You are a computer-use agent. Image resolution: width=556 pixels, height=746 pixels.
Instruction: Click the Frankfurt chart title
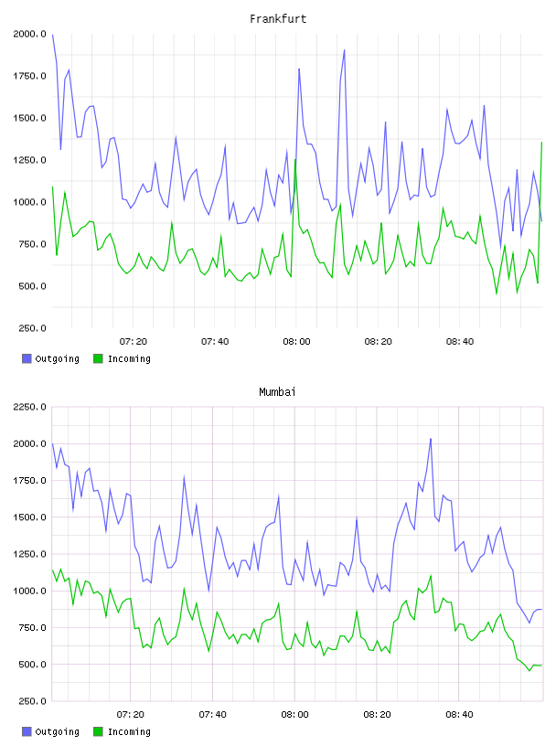coord(278,19)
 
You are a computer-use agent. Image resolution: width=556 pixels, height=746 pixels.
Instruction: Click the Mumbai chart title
coord(277,392)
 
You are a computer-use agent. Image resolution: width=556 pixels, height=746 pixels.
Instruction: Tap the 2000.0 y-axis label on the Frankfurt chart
coord(29,34)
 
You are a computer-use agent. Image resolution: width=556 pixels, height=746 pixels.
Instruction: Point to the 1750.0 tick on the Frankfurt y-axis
coord(29,76)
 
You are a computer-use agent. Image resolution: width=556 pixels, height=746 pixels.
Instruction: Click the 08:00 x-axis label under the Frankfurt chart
coord(296,342)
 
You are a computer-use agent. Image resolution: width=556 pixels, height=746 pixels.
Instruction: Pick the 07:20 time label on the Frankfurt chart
coord(134,342)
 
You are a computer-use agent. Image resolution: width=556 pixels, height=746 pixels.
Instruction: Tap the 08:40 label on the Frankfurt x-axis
coord(460,342)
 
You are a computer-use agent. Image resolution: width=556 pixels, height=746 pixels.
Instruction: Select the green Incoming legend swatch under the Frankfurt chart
coord(98,358)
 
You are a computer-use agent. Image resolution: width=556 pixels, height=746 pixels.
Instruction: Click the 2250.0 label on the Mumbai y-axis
coord(29,407)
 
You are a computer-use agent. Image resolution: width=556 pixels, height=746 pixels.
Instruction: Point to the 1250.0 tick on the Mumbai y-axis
coord(29,554)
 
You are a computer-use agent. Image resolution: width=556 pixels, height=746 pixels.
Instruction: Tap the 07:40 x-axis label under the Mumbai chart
coord(213,715)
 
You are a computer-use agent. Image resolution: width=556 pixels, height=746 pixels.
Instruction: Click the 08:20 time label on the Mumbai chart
coord(377,715)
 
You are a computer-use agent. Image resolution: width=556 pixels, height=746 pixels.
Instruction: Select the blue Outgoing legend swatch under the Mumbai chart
coord(27,731)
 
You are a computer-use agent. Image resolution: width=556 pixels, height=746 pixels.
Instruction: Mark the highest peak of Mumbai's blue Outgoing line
coord(431,439)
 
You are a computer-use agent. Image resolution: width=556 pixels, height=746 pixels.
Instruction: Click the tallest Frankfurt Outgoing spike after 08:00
coord(344,49)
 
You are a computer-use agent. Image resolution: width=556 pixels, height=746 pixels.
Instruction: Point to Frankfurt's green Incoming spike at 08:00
coord(295,160)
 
